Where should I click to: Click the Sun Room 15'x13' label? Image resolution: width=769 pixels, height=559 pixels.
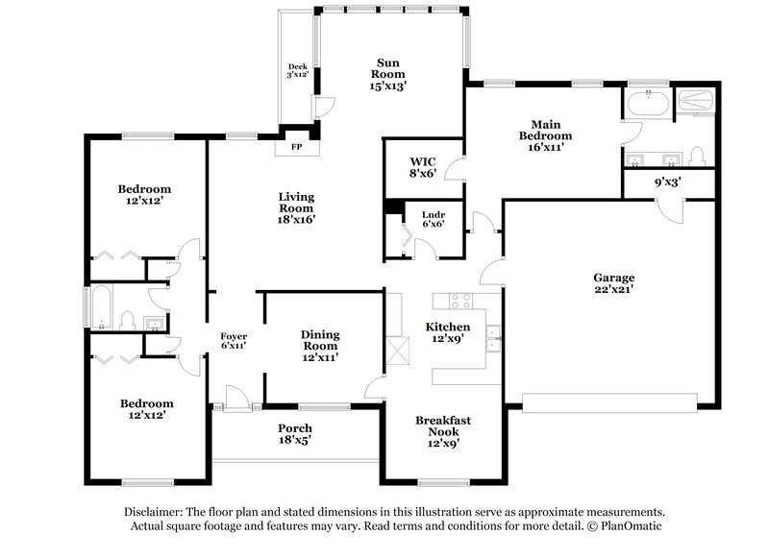(389, 73)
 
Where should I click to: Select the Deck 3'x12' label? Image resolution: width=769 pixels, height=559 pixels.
(297, 70)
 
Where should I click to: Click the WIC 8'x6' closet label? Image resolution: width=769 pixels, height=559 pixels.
(423, 167)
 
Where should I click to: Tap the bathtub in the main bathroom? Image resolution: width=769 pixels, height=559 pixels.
(648, 103)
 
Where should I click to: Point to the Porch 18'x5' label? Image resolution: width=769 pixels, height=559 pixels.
(295, 433)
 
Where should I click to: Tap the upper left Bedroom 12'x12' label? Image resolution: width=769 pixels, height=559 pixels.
(144, 194)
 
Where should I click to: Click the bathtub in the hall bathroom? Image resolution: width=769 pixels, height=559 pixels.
(100, 306)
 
